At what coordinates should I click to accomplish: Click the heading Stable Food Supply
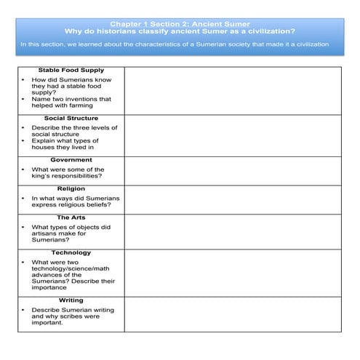coord(71,71)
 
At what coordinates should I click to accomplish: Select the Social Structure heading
coord(71,118)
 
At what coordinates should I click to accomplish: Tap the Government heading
coord(71,159)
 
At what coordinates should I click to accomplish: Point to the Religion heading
coord(71,188)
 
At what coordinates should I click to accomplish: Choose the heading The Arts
coord(71,217)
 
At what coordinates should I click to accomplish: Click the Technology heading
coord(71,252)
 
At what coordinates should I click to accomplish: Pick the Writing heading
coord(71,300)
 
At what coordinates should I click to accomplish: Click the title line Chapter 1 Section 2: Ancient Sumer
coord(180,24)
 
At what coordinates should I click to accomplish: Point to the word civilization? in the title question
coord(269,31)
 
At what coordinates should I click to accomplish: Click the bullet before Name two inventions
coord(24,99)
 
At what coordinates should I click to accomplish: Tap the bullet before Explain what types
coord(24,140)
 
